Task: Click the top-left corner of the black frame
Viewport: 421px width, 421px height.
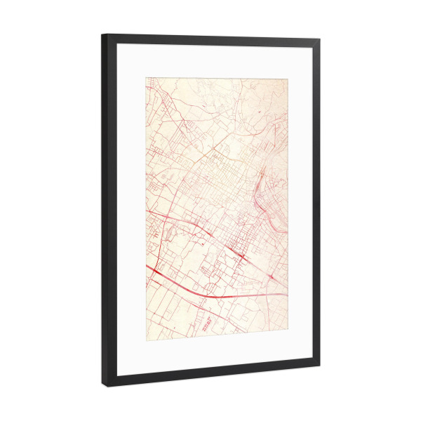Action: tap(102, 34)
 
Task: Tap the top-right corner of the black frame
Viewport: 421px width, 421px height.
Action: tap(320, 41)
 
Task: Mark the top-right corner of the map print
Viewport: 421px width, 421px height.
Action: tap(288, 79)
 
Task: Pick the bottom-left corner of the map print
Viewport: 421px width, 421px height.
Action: tap(147, 336)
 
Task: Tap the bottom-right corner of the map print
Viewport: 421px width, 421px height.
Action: tap(288, 328)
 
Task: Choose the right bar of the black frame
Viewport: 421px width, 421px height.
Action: tap(317, 203)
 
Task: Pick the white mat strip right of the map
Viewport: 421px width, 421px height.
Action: tap(299, 203)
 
